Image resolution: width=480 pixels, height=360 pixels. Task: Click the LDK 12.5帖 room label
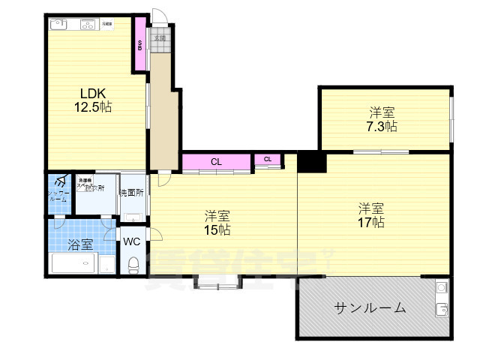pyautogui.click(x=91, y=100)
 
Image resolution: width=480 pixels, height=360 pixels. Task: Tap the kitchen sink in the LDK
pyautogui.click(x=59, y=24)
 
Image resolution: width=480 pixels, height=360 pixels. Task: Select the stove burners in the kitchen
pyautogui.click(x=87, y=24)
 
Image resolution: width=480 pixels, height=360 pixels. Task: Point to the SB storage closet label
pyautogui.click(x=139, y=45)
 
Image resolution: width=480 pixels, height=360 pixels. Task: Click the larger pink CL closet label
pyautogui.click(x=215, y=161)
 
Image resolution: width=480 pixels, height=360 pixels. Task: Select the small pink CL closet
pyautogui.click(x=268, y=158)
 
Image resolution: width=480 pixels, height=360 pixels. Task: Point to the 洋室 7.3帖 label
pyautogui.click(x=381, y=119)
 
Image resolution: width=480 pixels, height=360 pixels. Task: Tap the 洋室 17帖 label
pyautogui.click(x=370, y=214)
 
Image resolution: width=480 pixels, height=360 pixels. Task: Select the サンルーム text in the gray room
pyautogui.click(x=370, y=307)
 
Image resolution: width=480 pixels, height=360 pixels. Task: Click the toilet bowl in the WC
pyautogui.click(x=133, y=265)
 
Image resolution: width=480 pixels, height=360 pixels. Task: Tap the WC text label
pyautogui.click(x=132, y=241)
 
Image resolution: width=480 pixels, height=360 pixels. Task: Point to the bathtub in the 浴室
pyautogui.click(x=75, y=263)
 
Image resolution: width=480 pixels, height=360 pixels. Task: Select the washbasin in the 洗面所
pyautogui.click(x=133, y=218)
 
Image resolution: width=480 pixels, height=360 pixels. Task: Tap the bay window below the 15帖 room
pyautogui.click(x=217, y=283)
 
